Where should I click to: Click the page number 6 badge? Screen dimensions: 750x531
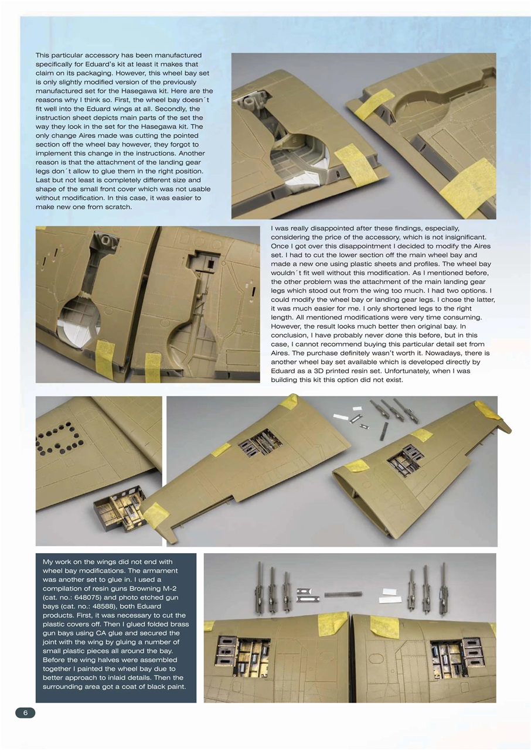coord(25,712)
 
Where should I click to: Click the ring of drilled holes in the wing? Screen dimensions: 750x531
coord(59,438)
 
